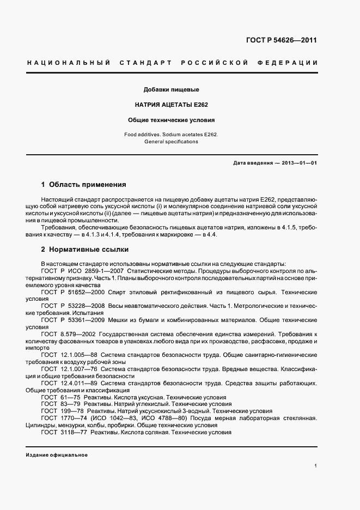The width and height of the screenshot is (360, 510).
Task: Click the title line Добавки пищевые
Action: tap(171, 89)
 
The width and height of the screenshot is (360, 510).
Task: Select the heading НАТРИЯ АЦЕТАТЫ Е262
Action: tap(171, 104)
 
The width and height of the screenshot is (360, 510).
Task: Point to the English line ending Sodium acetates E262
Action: tap(171, 134)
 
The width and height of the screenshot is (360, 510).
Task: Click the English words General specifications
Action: tap(171, 142)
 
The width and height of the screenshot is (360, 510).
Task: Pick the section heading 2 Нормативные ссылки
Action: tap(85, 250)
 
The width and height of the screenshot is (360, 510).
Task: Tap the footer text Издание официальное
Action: tap(57, 455)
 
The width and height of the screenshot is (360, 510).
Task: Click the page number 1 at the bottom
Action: tap(315, 466)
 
